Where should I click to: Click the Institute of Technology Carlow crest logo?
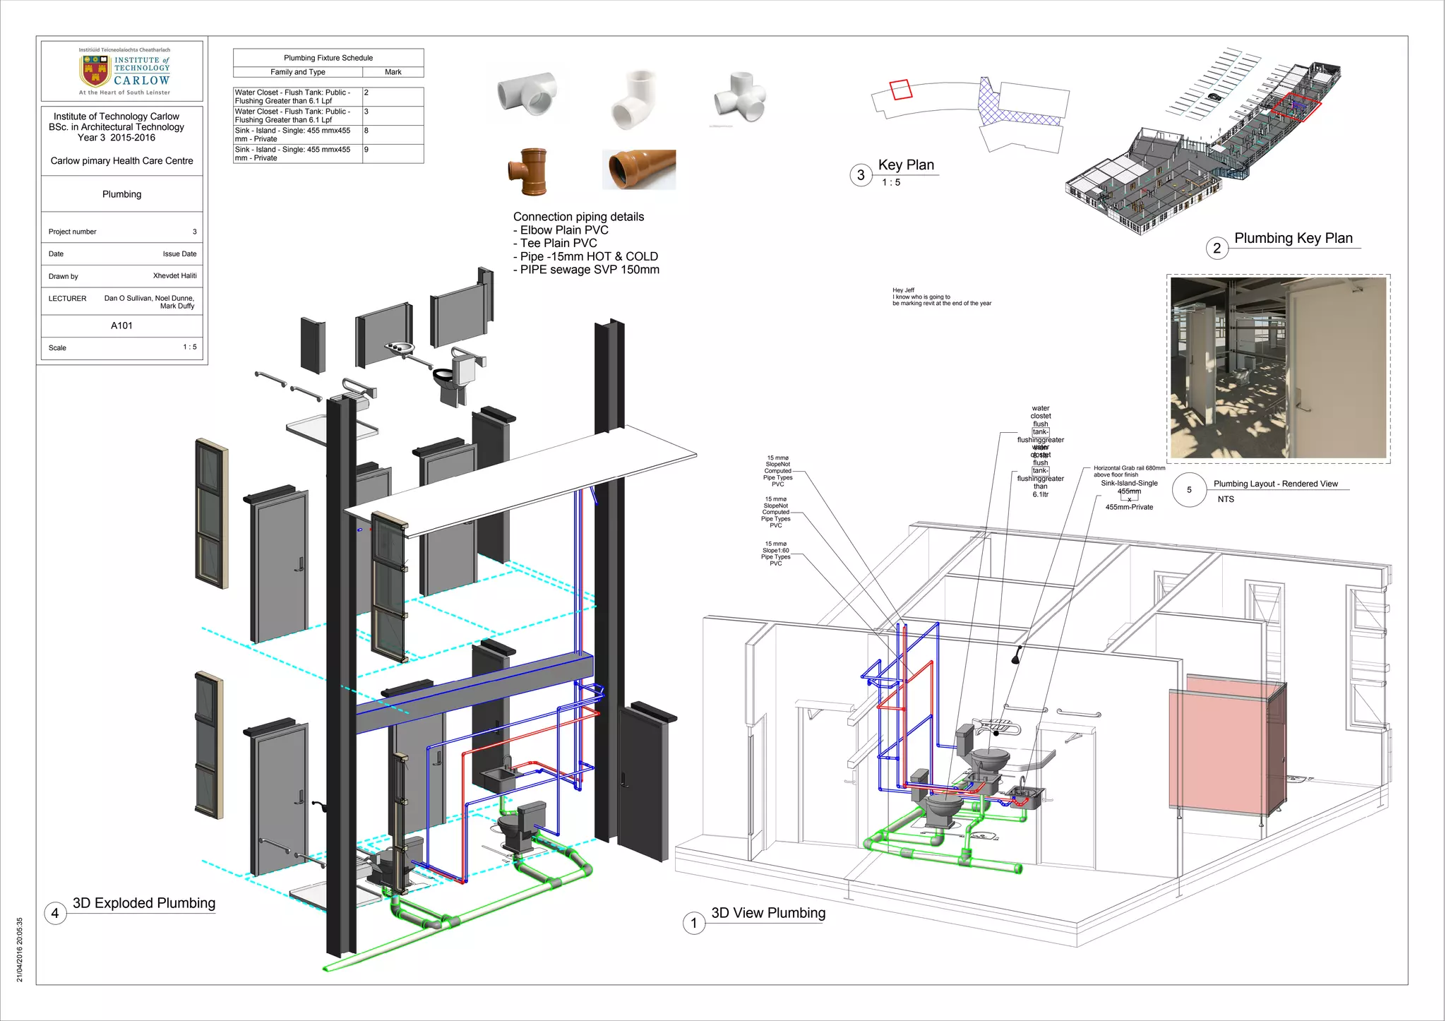95,70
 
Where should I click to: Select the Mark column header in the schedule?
393,72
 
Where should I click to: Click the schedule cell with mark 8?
393,134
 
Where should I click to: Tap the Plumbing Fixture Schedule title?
328,58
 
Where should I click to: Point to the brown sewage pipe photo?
639,169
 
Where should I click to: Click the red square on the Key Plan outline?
901,90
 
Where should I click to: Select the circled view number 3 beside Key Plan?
861,175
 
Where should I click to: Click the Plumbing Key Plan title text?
1293,238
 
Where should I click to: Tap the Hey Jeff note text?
940,297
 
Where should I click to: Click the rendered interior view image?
1278,368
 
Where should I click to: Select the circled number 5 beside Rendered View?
1189,490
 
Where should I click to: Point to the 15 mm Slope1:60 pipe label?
776,554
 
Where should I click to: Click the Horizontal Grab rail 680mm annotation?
1128,471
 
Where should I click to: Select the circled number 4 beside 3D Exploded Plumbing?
55,913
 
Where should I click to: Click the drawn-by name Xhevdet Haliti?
174,276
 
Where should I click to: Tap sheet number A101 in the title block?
121,326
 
